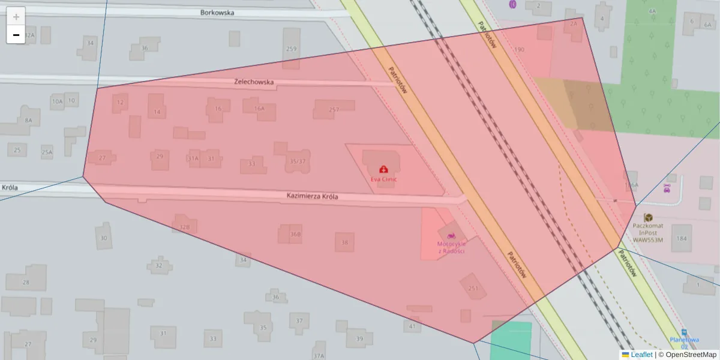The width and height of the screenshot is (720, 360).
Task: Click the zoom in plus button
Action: (x=16, y=16)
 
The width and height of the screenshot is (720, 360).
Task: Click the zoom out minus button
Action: (x=16, y=35)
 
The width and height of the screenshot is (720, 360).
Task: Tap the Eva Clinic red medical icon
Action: (x=383, y=170)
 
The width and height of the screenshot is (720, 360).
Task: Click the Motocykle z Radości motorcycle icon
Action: (x=451, y=235)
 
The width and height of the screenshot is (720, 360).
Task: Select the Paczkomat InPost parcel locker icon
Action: (x=648, y=217)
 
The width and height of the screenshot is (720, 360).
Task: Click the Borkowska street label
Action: (x=217, y=12)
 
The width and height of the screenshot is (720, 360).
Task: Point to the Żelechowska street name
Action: (x=254, y=82)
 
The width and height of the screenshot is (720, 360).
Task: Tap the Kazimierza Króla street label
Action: (x=313, y=196)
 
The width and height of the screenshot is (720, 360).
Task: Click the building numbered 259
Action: (x=292, y=49)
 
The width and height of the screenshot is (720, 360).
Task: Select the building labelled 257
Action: (x=334, y=109)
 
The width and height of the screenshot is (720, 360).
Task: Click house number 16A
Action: (x=259, y=109)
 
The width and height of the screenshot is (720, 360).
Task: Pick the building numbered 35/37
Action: (x=298, y=161)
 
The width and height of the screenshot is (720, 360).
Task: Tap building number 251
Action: (x=473, y=288)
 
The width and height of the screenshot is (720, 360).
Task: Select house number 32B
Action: (x=185, y=227)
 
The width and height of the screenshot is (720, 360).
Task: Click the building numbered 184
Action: (x=682, y=238)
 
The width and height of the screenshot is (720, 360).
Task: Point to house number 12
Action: (x=121, y=103)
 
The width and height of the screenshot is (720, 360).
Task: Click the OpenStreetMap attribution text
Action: (x=691, y=355)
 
